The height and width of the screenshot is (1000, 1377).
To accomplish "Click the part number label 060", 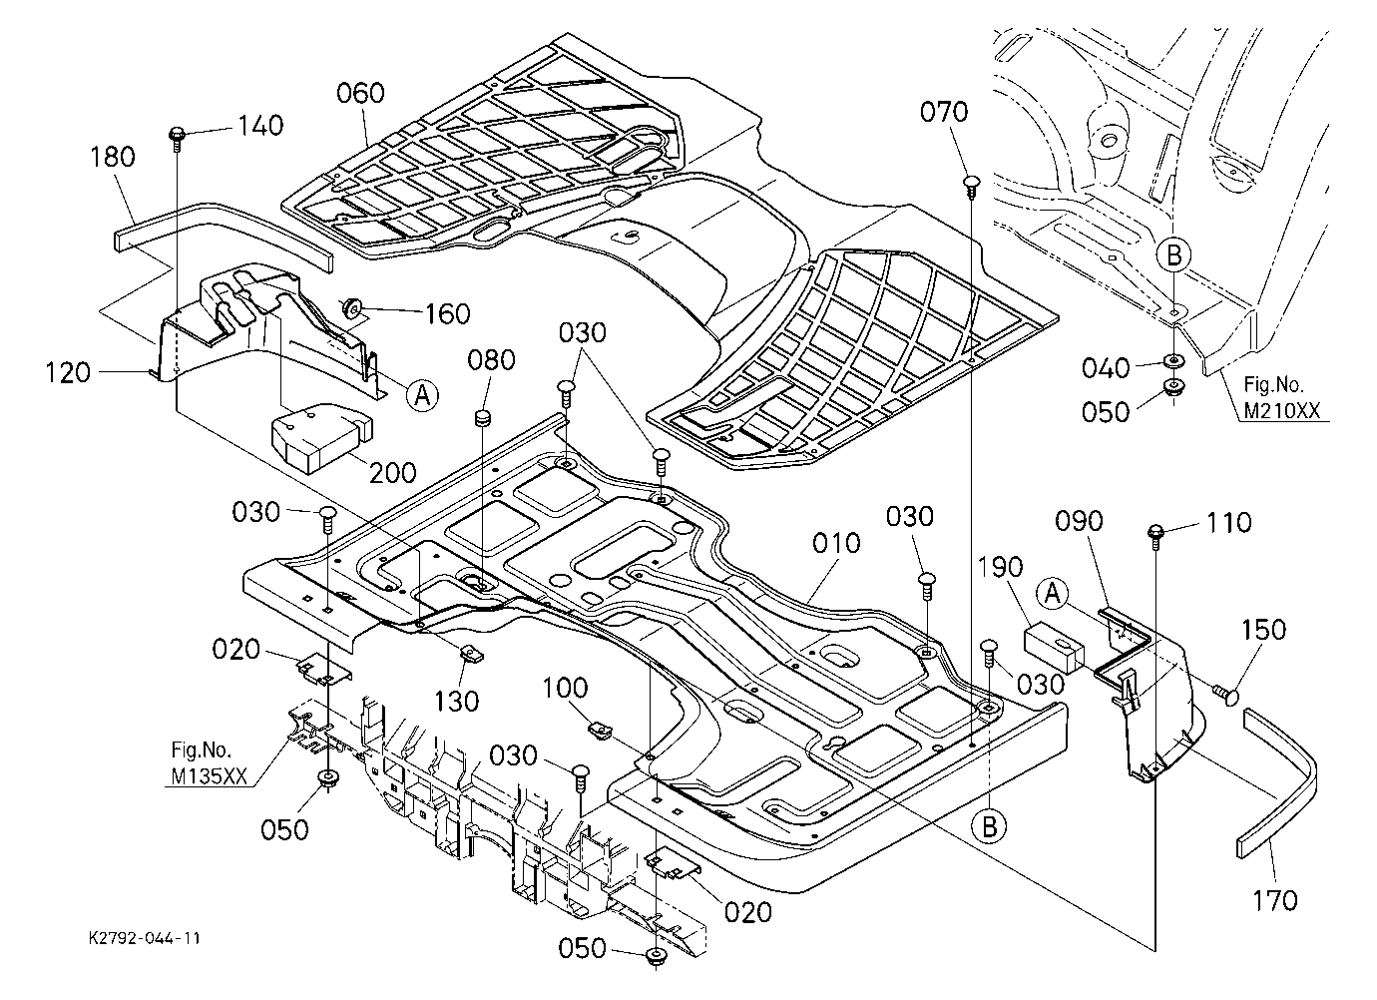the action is (x=360, y=94).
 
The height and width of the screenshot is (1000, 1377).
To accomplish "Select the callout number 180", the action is (x=113, y=157).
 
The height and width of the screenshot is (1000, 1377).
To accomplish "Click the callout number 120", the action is (x=68, y=373).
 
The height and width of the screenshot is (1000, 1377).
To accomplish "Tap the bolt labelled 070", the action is (x=971, y=185).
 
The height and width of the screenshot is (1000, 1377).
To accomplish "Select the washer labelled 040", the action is (x=1172, y=361).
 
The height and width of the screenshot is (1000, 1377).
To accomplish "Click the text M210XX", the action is (x=1282, y=411).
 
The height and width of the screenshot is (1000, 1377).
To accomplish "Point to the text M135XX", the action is (x=209, y=776).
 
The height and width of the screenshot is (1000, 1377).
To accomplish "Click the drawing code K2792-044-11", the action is (x=145, y=938).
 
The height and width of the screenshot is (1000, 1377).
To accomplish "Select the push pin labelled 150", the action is (x=1227, y=696).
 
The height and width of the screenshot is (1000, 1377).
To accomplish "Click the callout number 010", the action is (x=836, y=543).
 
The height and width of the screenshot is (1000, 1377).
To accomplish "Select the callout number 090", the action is (x=1080, y=521).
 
